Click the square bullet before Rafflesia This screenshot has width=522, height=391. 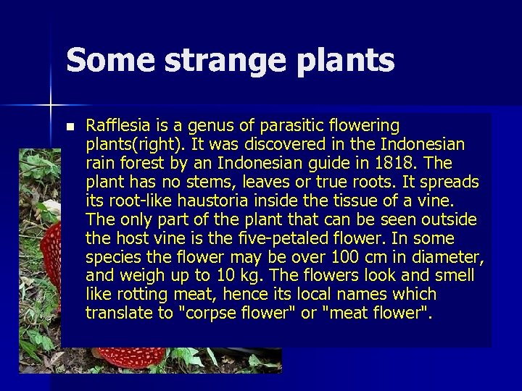pos(70,127)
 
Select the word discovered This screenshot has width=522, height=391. pos(269,144)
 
